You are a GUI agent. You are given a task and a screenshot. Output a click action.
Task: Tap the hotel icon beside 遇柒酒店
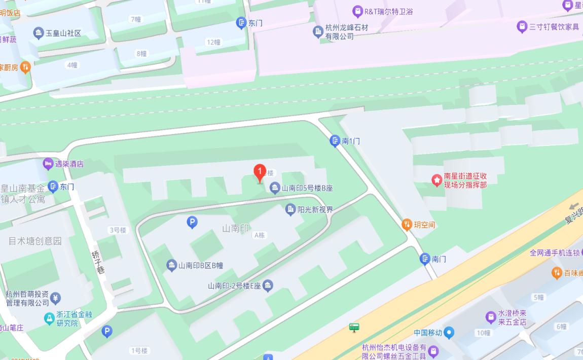click(x=48, y=164)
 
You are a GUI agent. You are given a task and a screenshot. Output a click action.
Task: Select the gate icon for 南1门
click(x=335, y=141)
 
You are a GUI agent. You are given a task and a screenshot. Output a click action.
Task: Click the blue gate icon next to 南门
click(x=425, y=259)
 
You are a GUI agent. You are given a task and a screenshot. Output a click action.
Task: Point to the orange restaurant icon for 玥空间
click(x=407, y=224)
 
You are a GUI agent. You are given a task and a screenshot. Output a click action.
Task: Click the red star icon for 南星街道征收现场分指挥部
click(x=436, y=180)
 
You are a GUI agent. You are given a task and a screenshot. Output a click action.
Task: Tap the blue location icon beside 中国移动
click(x=449, y=333)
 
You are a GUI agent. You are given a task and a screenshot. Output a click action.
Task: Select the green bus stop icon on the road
click(x=354, y=328)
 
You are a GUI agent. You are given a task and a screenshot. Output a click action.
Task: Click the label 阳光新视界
click(x=315, y=209)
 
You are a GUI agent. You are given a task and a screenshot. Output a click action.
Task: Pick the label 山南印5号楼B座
click(x=307, y=188)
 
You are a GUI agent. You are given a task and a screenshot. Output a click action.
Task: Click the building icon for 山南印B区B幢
click(x=172, y=265)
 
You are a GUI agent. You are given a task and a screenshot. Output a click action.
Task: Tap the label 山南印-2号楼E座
click(x=234, y=286)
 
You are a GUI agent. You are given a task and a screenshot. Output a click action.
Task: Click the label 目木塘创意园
click(x=35, y=241)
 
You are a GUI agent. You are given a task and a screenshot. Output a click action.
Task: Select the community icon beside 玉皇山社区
click(x=39, y=33)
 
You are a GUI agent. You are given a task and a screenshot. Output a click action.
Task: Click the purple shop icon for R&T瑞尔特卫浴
click(x=357, y=11)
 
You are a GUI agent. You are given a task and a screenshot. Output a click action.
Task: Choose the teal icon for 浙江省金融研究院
click(x=49, y=318)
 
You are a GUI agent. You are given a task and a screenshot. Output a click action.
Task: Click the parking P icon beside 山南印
click(x=192, y=222)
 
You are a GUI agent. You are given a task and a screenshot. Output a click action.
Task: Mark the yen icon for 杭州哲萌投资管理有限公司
click(x=56, y=298)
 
